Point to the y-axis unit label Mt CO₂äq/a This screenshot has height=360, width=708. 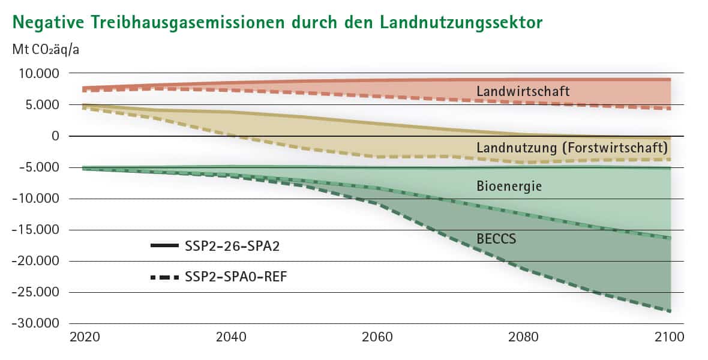click(46, 49)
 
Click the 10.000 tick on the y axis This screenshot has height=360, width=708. click(38, 74)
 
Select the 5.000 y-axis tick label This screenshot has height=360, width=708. click(41, 105)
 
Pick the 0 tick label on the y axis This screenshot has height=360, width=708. click(56, 136)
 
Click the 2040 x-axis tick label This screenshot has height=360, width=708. click(230, 337)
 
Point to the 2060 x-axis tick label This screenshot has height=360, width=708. click(378, 337)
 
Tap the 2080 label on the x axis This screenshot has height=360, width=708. click(524, 337)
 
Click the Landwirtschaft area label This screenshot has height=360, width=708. click(523, 91)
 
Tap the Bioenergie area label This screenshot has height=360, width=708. click(509, 186)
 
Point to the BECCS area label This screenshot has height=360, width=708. click(496, 239)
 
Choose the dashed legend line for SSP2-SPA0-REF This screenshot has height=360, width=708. click(164, 278)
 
